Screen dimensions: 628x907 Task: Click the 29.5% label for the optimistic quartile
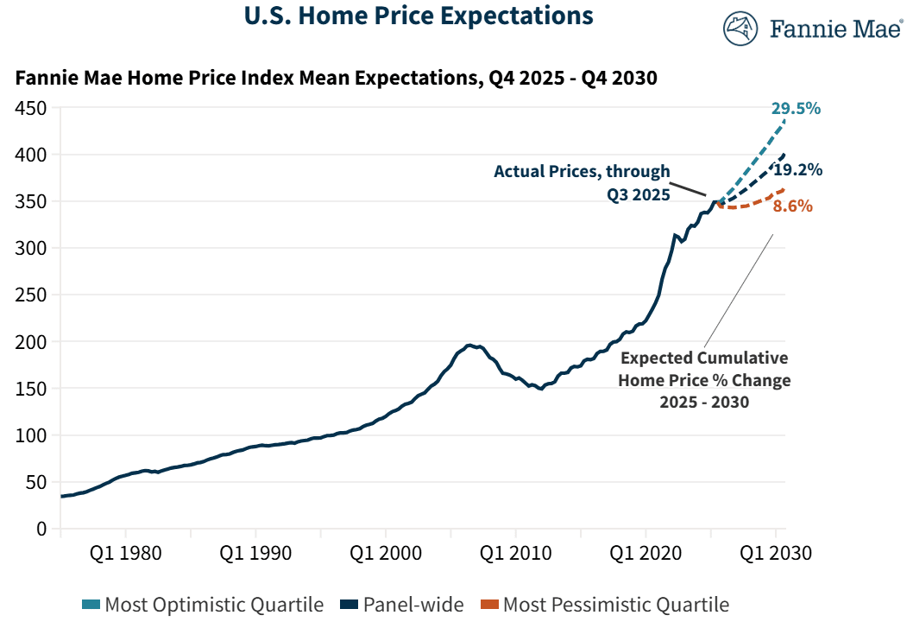[797, 109]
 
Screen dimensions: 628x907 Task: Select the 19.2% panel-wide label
[797, 169]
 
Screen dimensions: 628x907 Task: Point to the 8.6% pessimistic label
[792, 206]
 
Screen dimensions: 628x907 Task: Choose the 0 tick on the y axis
[41, 529]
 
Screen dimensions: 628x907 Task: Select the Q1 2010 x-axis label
[515, 554]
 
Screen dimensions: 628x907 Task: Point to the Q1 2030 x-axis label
[775, 554]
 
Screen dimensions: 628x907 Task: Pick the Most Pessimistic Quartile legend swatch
[488, 605]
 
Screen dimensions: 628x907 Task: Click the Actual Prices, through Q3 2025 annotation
[582, 183]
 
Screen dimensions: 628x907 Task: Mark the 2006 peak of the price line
[469, 346]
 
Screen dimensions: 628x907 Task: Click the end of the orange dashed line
[784, 188]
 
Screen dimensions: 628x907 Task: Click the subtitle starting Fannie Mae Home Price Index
[337, 79]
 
